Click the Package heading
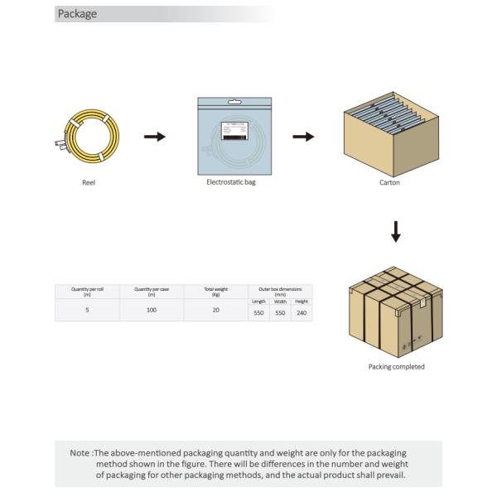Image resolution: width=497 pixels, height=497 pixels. (x=77, y=13)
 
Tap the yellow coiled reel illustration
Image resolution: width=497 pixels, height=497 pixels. (x=91, y=136)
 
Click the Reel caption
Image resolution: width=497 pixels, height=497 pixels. (x=89, y=182)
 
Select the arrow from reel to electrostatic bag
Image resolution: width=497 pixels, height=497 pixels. (x=154, y=136)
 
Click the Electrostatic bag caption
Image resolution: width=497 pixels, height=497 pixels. (x=231, y=182)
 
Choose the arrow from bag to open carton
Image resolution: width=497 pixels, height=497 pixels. (x=303, y=136)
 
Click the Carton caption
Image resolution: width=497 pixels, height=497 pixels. (x=389, y=182)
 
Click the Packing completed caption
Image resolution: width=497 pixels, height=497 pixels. (x=396, y=366)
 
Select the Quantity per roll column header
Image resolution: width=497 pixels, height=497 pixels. (x=87, y=291)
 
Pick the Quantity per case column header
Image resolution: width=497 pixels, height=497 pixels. (x=152, y=291)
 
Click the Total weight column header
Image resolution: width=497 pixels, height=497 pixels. (x=215, y=291)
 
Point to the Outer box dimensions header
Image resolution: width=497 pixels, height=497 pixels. (x=280, y=290)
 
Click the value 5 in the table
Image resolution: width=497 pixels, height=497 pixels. (x=87, y=309)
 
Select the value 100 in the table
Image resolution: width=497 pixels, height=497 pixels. (x=152, y=309)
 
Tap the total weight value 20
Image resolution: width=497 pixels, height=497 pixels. (x=215, y=309)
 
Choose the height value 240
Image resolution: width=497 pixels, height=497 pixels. (x=302, y=314)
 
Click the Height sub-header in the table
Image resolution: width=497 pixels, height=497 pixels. (x=302, y=302)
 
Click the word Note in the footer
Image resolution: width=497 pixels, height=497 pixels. (x=80, y=453)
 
